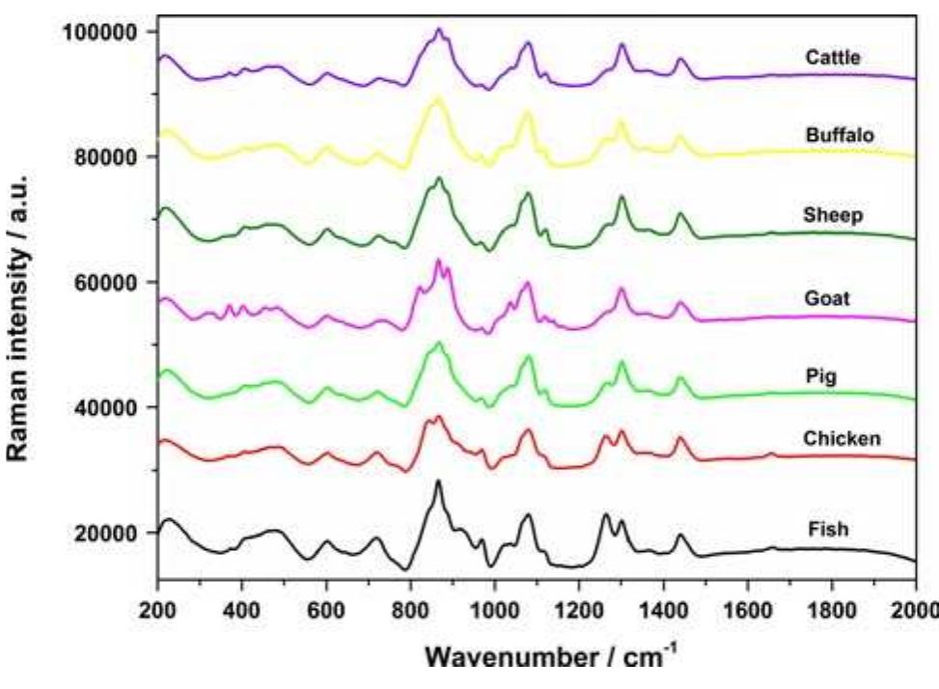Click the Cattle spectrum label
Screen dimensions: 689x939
click(832, 58)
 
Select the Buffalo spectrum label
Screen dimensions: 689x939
click(840, 135)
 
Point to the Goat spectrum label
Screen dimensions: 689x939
click(826, 298)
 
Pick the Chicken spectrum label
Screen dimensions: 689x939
click(841, 438)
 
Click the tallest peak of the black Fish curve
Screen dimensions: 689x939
click(438, 481)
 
